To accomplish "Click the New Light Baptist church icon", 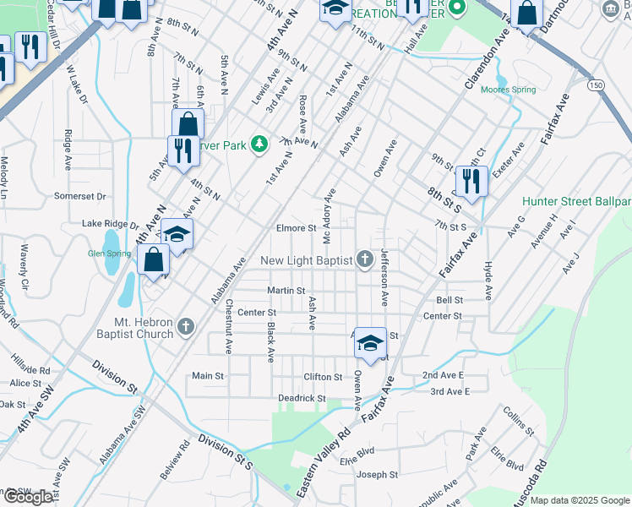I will (x=365, y=259).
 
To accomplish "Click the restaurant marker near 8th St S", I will (x=470, y=181).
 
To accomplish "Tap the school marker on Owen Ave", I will (x=370, y=343).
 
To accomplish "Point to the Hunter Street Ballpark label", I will (x=576, y=202).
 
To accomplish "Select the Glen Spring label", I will (x=107, y=253).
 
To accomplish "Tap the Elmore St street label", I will (x=296, y=228).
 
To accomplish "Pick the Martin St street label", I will (x=286, y=291).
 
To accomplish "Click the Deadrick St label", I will (x=302, y=398).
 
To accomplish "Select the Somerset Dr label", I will (x=79, y=196).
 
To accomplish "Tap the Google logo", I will (x=28, y=497).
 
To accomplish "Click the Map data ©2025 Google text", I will (x=580, y=500).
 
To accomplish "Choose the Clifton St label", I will (x=323, y=377).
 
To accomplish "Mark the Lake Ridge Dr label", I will (x=109, y=224).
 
